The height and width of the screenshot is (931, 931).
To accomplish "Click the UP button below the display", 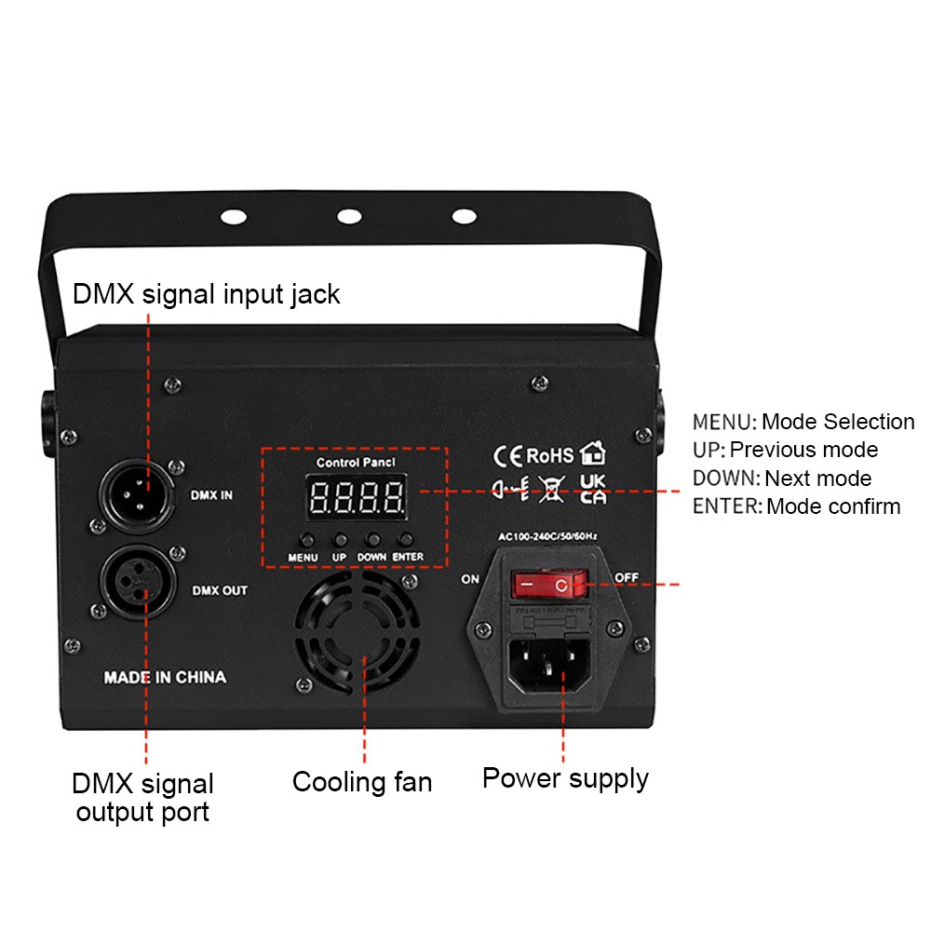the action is (x=340, y=539).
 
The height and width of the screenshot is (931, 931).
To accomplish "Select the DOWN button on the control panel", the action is (x=372, y=539).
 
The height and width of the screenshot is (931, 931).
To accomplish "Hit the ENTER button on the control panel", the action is (x=406, y=539).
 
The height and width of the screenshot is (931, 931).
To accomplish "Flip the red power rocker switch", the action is (x=550, y=585).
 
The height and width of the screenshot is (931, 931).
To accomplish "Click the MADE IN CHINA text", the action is (x=165, y=677).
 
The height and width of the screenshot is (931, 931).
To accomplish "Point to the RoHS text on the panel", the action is (x=550, y=455).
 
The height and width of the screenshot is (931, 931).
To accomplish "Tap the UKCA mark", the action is (x=592, y=488).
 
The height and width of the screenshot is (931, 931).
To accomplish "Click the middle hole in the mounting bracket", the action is (x=349, y=216).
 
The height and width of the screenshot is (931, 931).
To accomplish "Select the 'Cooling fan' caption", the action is (x=362, y=781).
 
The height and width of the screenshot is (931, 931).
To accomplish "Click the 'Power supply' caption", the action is (x=565, y=777).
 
